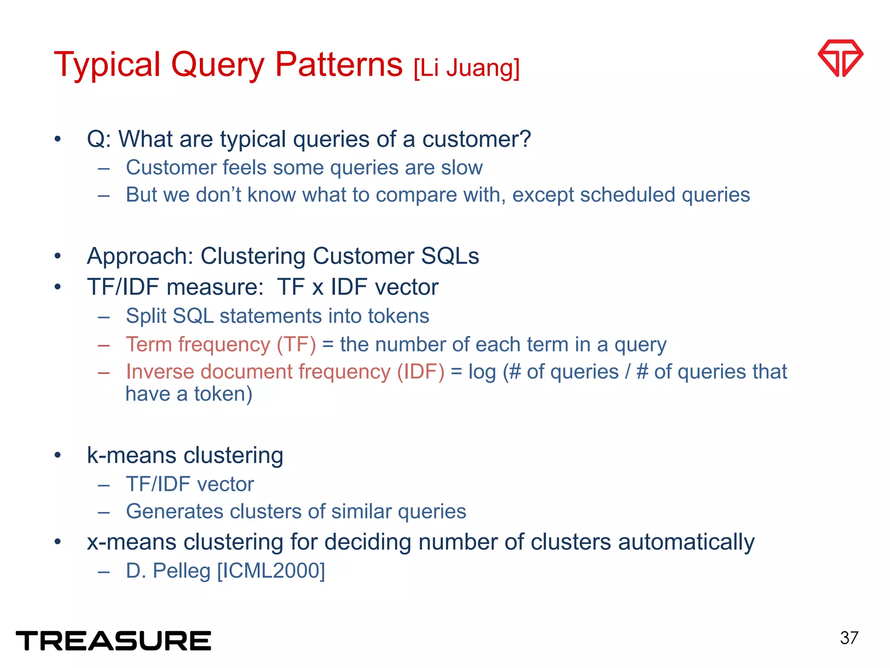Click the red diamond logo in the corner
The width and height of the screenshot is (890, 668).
[840, 58]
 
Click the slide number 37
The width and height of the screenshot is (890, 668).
[849, 638]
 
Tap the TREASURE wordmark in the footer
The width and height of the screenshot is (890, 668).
[113, 641]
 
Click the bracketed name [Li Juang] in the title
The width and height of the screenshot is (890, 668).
[466, 68]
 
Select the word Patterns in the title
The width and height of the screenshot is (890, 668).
[339, 64]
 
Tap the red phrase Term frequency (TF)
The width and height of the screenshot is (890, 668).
[221, 344]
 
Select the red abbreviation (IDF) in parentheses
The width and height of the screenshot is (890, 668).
[420, 372]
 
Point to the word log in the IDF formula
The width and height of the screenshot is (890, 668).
[482, 372]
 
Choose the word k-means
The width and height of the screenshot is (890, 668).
[131, 455]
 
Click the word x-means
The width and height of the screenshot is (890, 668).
[131, 542]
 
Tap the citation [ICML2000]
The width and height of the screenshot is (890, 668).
[271, 571]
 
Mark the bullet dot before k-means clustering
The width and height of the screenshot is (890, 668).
[58, 455]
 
